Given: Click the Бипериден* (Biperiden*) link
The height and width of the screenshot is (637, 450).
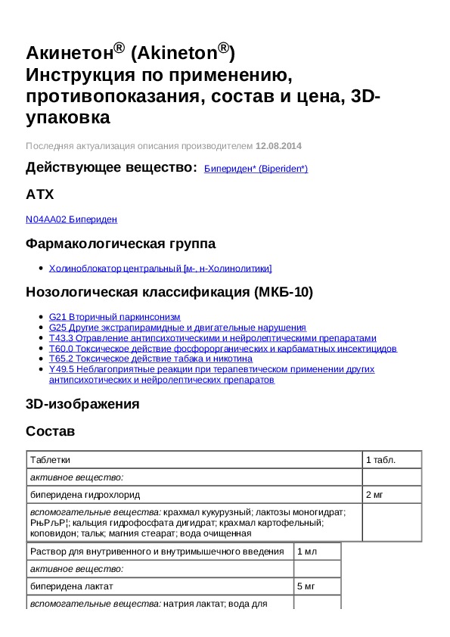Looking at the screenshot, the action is (x=256, y=169).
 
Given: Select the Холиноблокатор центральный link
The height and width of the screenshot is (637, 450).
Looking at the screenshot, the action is (x=160, y=268).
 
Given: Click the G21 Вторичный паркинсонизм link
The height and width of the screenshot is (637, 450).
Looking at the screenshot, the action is (x=114, y=317).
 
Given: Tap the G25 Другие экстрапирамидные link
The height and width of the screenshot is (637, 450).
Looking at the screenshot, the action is (x=177, y=328).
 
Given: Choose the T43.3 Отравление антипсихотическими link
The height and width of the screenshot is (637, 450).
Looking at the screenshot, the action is (x=212, y=338).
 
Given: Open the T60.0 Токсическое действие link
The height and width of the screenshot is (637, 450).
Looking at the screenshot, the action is (x=222, y=349).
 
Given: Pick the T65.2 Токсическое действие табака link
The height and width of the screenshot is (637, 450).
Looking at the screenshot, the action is (x=150, y=359).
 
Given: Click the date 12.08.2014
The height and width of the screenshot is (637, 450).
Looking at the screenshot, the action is (x=278, y=145).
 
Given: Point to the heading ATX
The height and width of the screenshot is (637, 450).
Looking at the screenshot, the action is (x=40, y=194).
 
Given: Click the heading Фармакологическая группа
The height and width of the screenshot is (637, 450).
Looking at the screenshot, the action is (x=120, y=244).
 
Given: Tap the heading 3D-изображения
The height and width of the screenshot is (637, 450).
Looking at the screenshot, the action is (x=82, y=404).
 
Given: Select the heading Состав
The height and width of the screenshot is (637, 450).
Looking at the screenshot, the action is (x=51, y=431).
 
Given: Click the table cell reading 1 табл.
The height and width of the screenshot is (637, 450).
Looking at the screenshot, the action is (x=381, y=459).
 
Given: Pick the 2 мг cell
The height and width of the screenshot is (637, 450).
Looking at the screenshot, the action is (x=375, y=495).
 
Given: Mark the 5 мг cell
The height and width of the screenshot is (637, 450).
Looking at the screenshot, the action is (x=306, y=586).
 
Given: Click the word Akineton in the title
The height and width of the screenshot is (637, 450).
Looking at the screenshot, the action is (x=178, y=53).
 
